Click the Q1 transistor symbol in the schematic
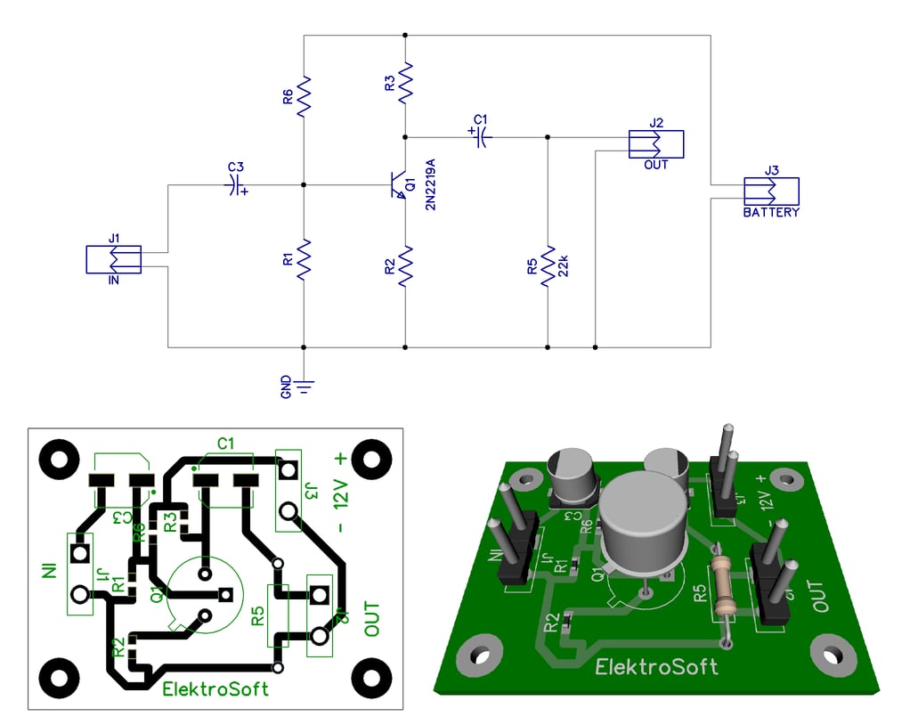tap(397, 185)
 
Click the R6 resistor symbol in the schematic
tap(305, 96)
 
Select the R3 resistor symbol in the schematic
tap(406, 82)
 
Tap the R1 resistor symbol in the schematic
tap(305, 259)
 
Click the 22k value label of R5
tap(563, 265)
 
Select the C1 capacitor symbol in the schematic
tap(481, 136)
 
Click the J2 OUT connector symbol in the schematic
tap(655, 144)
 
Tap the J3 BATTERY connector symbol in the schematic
tap(771, 191)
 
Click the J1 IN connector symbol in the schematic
tap(114, 259)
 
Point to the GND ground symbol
tap(305, 385)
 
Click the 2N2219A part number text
tap(431, 185)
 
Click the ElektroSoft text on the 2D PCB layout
tap(215, 688)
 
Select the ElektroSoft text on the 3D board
tap(656, 666)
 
